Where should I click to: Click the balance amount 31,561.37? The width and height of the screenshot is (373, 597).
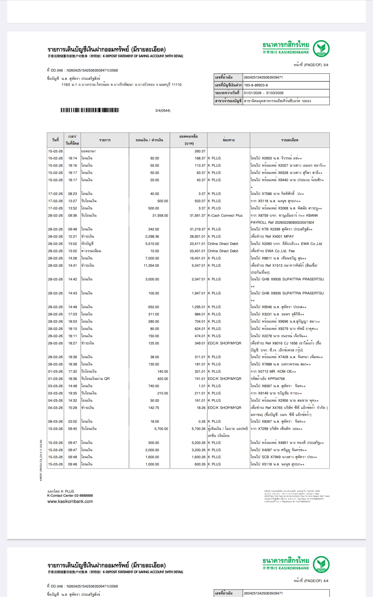point(197,215)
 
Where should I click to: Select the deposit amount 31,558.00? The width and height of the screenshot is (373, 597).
point(160,215)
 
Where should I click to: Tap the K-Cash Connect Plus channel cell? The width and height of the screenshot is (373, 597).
point(225,215)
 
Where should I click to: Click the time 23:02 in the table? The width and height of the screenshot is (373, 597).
point(73,422)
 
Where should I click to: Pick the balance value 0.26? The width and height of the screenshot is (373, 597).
point(202,422)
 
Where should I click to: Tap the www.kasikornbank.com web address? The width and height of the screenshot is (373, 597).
point(70,501)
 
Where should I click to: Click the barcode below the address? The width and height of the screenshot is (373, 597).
point(90,110)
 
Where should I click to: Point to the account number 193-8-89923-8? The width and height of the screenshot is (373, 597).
point(256,85)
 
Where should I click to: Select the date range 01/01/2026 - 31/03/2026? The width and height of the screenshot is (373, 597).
point(263,93)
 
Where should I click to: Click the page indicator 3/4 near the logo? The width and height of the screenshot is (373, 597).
point(326,65)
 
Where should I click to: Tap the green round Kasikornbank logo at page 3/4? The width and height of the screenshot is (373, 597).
point(321,48)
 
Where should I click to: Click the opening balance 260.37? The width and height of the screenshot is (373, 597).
point(200,151)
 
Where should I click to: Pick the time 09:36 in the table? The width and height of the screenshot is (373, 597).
point(73,215)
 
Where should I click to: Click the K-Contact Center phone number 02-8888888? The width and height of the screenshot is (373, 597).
point(83,495)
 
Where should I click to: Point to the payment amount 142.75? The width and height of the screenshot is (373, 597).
point(154,408)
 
